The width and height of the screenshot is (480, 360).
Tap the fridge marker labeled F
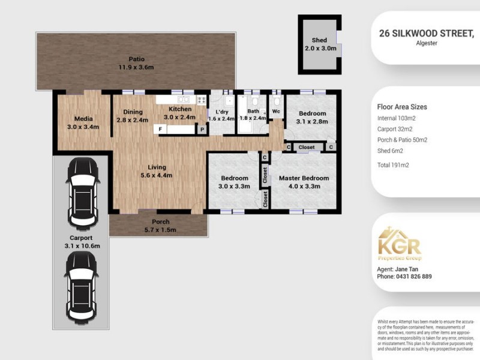click(161, 129)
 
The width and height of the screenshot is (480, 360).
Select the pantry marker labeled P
click(202, 129)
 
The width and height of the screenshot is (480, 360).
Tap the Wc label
click(276, 112)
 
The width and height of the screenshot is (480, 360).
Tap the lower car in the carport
click(81, 286)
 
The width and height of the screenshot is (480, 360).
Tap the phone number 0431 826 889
click(404, 277)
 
